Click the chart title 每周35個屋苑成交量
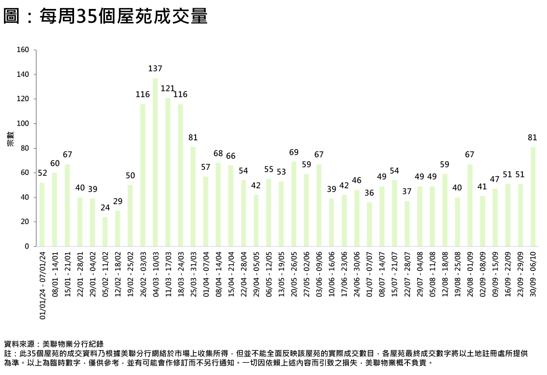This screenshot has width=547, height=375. (x=106, y=17)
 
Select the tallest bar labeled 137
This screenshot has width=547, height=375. (x=155, y=163)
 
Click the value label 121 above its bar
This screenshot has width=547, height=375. (x=167, y=89)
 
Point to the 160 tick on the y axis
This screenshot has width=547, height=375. (x=23, y=50)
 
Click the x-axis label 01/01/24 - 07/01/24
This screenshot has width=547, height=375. (x=42, y=285)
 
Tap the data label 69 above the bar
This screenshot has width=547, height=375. (x=294, y=153)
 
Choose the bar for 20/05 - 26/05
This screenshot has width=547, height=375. (x=294, y=204)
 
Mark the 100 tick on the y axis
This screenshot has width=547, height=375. (x=23, y=124)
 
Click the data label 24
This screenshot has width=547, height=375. (x=105, y=208)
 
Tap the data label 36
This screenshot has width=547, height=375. (x=369, y=193)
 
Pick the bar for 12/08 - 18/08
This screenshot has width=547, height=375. (x=445, y=210)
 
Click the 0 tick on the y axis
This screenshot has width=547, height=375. (x=27, y=246)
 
